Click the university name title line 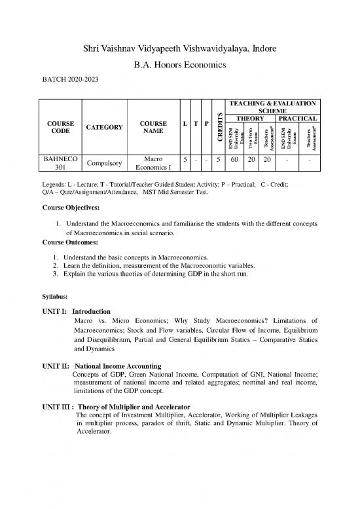[179, 50]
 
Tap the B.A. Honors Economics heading [179, 66]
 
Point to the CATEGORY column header [103, 127]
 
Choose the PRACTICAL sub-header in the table [297, 119]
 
